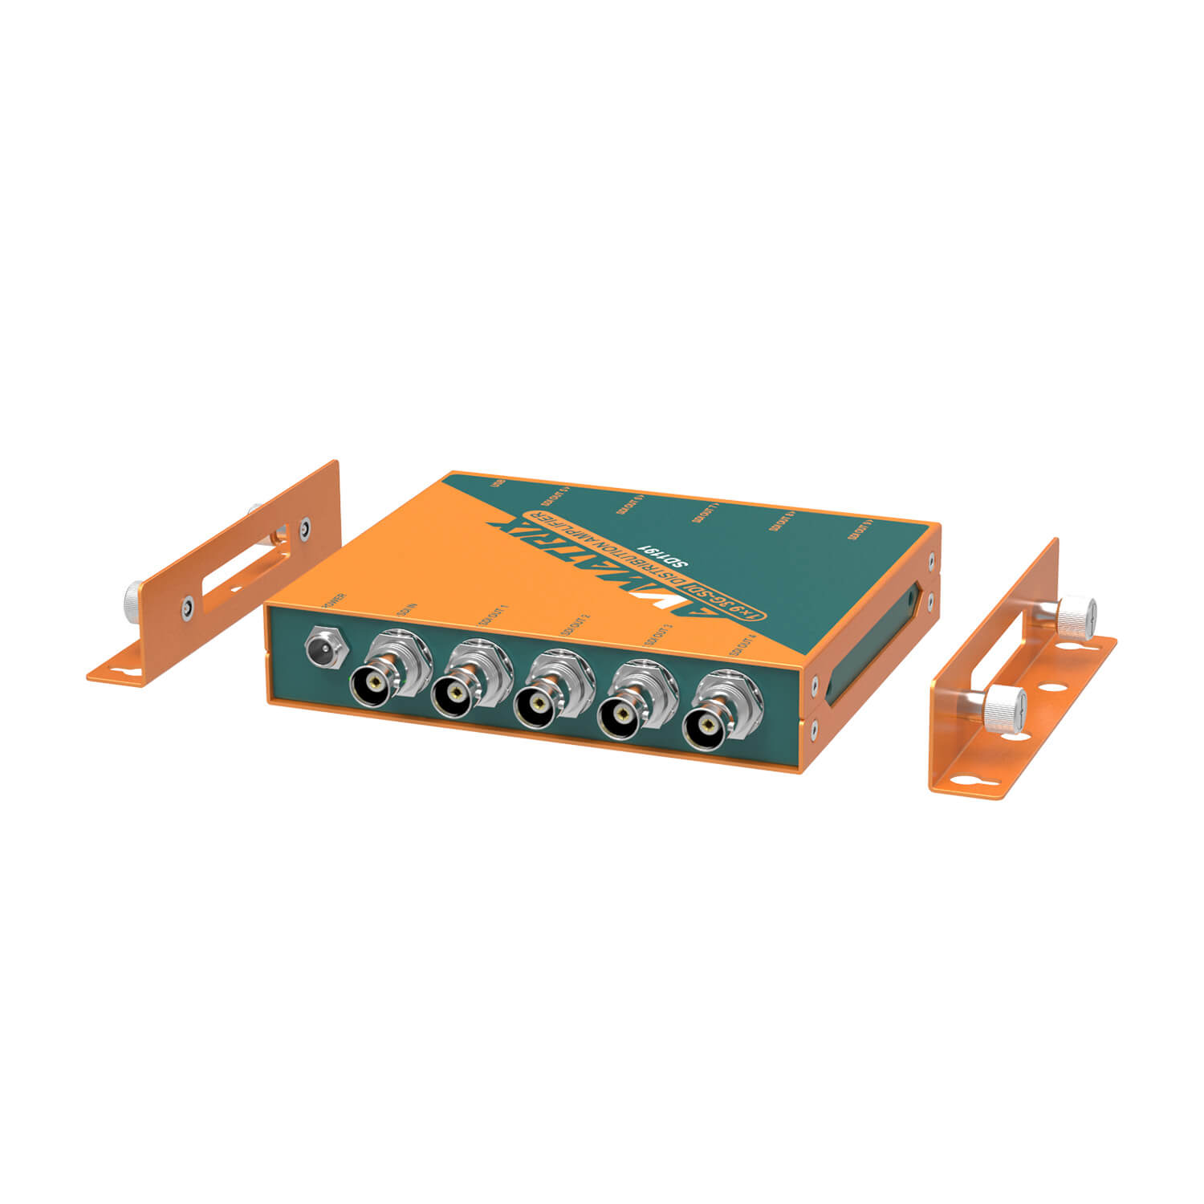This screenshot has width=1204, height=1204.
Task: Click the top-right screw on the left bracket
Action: click(x=304, y=528)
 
